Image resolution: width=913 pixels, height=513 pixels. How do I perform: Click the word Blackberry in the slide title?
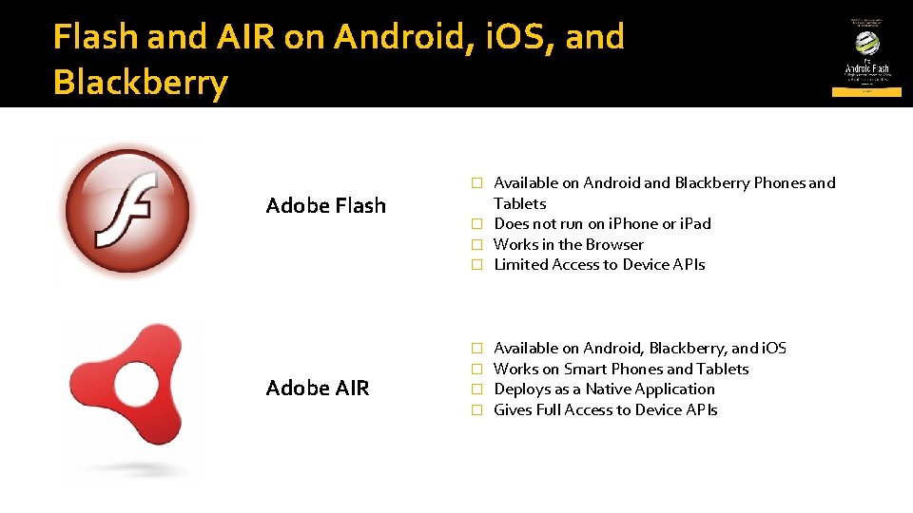(141, 83)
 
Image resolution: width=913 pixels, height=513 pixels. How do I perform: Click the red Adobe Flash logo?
(125, 209)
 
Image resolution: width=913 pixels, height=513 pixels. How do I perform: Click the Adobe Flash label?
(326, 205)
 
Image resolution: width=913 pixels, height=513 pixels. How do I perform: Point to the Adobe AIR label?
(318, 388)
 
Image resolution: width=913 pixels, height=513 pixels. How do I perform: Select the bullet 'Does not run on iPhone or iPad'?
(602, 224)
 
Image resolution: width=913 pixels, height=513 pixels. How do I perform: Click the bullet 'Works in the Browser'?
(569, 244)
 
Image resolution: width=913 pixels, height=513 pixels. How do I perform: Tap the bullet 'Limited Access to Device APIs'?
(599, 265)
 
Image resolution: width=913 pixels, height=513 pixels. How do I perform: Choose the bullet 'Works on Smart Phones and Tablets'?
(621, 369)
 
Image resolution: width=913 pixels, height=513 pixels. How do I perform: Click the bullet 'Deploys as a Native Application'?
(604, 389)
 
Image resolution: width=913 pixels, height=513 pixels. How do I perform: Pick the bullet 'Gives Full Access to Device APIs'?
(606, 410)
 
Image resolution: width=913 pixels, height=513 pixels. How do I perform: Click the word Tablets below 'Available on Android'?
(520, 203)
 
